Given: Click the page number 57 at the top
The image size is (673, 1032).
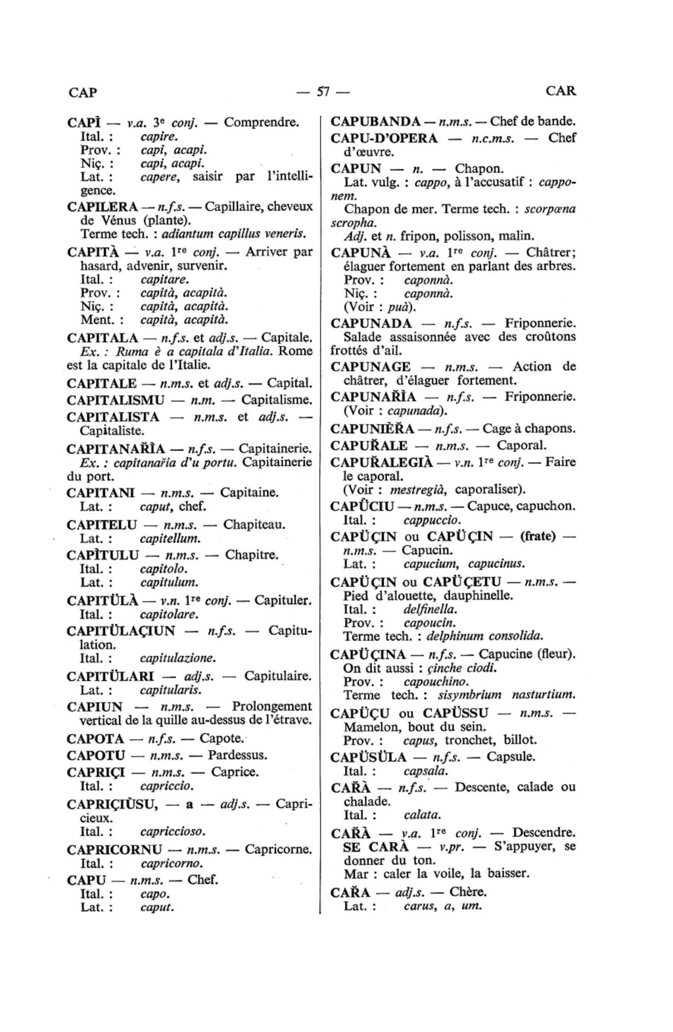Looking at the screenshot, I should [323, 91].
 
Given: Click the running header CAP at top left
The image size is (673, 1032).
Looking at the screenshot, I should [83, 92].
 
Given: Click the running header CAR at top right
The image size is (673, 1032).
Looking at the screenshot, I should [561, 91].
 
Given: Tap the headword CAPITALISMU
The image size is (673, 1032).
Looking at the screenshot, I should [116, 400].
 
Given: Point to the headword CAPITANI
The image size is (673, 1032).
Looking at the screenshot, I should [101, 492].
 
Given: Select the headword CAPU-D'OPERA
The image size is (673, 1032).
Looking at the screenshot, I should [384, 138].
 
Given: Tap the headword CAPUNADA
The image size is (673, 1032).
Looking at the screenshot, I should [371, 323].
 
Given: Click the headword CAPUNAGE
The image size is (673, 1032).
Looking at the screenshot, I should [371, 367].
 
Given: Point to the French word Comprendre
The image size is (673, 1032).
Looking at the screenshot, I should [262, 122].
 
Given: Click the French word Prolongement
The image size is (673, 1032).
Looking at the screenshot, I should [272, 707].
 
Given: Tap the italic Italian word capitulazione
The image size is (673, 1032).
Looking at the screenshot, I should [178, 658].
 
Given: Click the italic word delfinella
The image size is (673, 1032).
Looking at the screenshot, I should [430, 609].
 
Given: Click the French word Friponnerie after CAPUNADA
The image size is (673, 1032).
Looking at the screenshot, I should [540, 323].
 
